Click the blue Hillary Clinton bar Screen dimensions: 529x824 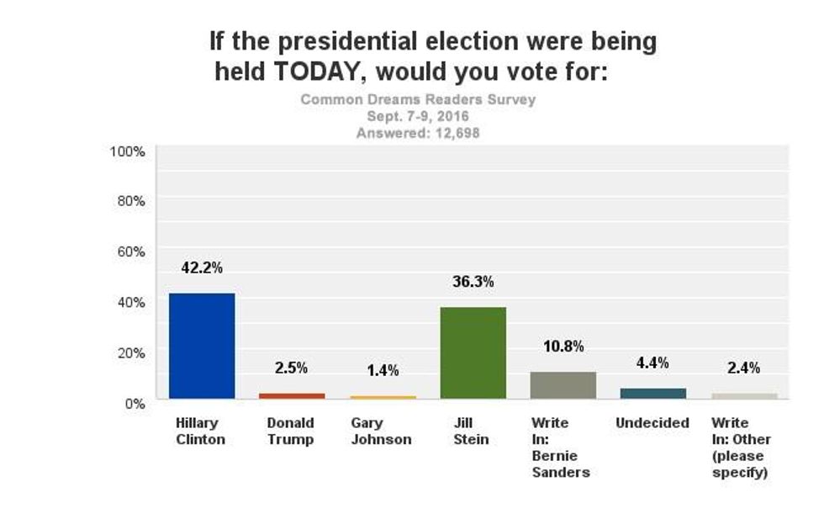(x=202, y=346)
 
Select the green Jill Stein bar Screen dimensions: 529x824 (x=473, y=353)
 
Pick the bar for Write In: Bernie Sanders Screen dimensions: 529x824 (x=563, y=385)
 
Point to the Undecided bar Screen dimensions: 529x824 (x=653, y=393)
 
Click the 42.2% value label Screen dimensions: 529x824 (x=202, y=268)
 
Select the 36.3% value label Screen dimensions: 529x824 (x=473, y=283)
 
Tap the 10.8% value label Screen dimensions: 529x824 (x=563, y=346)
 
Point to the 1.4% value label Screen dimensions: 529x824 (x=382, y=371)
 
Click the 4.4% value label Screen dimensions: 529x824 (x=653, y=363)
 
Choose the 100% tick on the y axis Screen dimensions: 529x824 (x=128, y=151)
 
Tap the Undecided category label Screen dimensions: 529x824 (x=652, y=423)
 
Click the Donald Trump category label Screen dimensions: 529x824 (x=291, y=431)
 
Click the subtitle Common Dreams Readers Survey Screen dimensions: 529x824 (x=418, y=99)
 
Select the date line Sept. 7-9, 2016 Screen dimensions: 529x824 (x=418, y=116)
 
